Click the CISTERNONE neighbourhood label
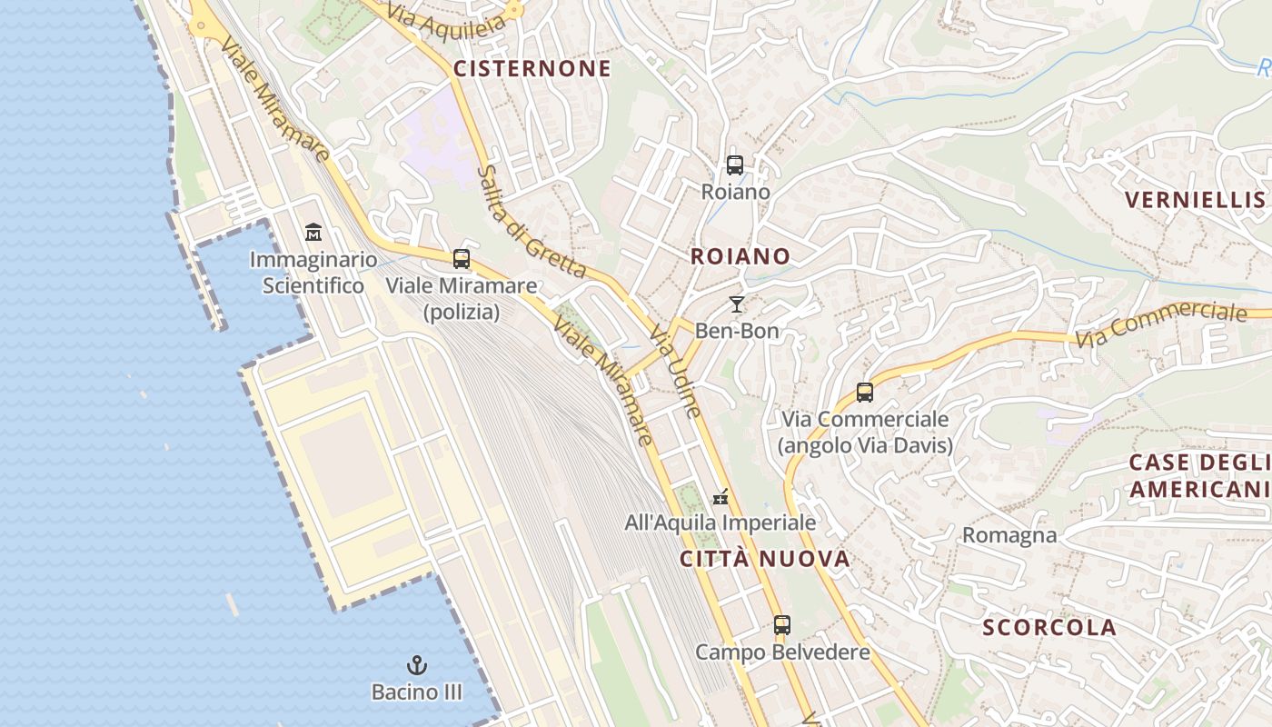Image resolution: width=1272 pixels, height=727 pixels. click(532, 69)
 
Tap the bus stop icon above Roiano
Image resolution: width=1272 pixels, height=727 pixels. click(735, 165)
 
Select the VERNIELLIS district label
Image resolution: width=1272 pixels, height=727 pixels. click(1195, 200)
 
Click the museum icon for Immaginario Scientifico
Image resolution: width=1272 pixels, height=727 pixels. click(313, 232)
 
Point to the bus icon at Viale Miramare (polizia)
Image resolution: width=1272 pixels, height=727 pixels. click(462, 259)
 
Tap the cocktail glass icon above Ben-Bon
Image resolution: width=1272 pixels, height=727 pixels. click(737, 304)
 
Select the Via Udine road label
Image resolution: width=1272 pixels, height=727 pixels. click(675, 373)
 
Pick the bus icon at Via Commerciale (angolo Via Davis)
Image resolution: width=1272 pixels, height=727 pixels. click(865, 393)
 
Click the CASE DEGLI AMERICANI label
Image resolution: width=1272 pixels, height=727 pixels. click(1197, 476)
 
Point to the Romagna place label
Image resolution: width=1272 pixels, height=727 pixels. click(1009, 535)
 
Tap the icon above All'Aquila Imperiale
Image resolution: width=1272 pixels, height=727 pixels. click(720, 497)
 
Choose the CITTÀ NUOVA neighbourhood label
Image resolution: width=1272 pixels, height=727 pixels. click(765, 559)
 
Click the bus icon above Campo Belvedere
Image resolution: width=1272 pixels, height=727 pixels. click(782, 625)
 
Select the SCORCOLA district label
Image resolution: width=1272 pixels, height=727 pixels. click(1049, 627)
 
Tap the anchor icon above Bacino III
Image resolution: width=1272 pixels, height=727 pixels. click(417, 665)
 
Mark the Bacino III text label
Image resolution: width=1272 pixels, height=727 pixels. click(417, 692)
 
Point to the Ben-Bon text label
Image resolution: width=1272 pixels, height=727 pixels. click(737, 331)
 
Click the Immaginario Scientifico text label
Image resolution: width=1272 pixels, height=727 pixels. click(307, 273)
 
